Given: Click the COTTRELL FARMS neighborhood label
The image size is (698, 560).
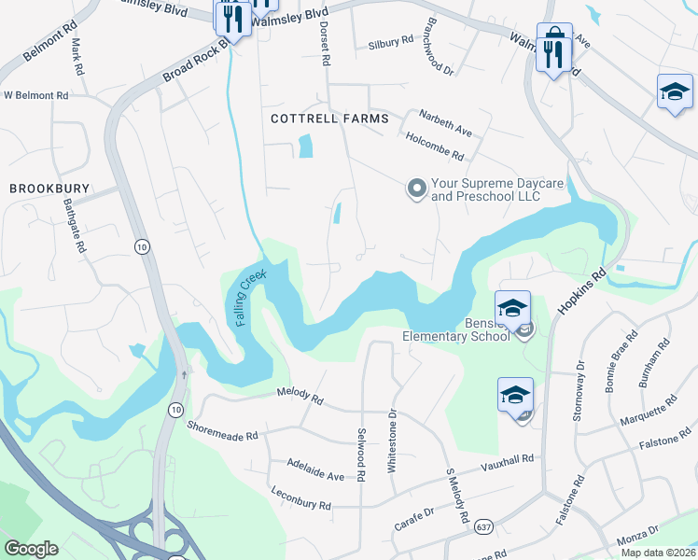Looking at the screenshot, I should click(x=316, y=119).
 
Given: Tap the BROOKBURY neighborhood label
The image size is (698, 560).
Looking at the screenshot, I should click(x=49, y=189).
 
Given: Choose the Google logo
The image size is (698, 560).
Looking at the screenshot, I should click(x=31, y=549).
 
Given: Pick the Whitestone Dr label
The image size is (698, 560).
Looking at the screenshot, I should click(x=393, y=439).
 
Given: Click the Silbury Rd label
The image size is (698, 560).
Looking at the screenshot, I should click(x=390, y=43).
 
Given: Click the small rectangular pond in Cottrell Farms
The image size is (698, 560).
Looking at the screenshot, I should click(x=305, y=147).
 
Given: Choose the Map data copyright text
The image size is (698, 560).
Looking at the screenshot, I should click(x=658, y=553).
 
